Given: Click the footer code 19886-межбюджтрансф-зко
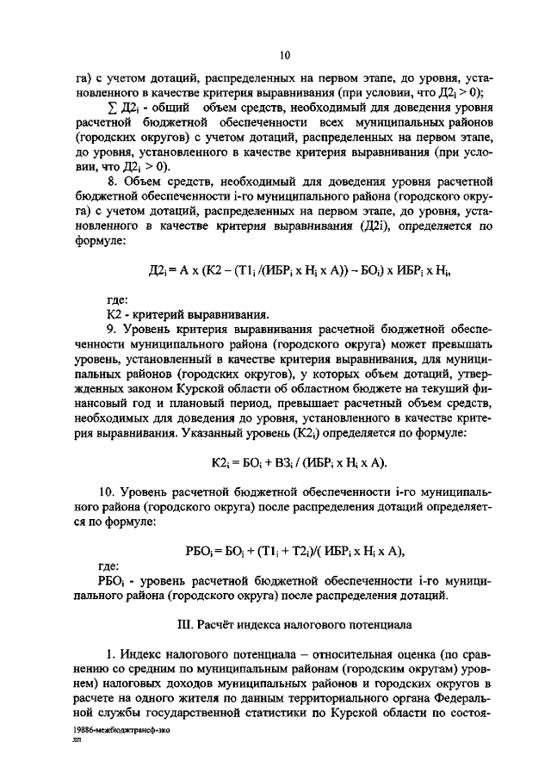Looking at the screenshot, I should tap(117, 728).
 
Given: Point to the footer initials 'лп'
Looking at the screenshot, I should tap(78, 739).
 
